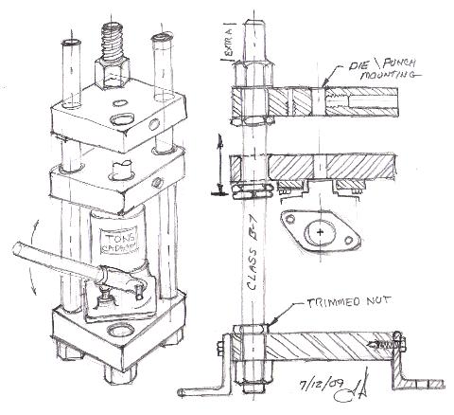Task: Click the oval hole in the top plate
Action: point(120,117)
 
